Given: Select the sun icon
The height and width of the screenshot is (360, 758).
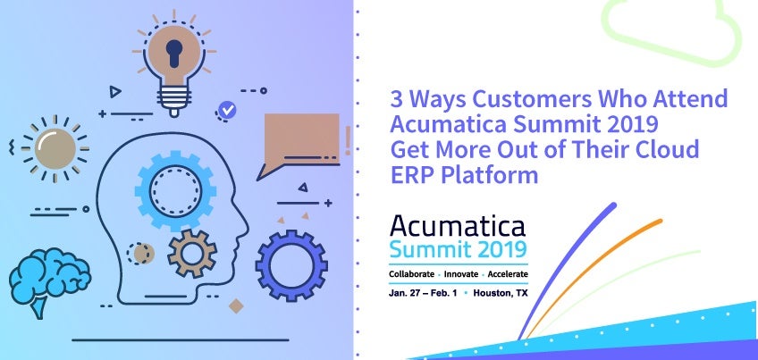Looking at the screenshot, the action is tap(55, 149).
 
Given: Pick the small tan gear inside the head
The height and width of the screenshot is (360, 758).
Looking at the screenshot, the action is tap(192, 253).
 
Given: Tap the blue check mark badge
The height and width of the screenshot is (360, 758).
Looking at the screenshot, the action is tap(227, 111).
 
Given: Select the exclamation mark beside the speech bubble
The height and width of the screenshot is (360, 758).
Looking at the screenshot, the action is tap(348, 141).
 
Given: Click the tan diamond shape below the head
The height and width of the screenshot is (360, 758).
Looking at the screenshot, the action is tap(236, 306).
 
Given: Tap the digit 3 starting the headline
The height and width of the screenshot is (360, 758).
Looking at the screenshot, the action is tap(396, 99).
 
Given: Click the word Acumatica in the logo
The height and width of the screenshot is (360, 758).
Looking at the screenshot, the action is tap(458, 226).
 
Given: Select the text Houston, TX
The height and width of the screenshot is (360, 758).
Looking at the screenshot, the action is tap(501, 293).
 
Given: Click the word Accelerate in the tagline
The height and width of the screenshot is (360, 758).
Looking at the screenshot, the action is tap(508, 274).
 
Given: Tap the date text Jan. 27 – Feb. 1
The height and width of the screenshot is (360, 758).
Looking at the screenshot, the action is tap(423, 293).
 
